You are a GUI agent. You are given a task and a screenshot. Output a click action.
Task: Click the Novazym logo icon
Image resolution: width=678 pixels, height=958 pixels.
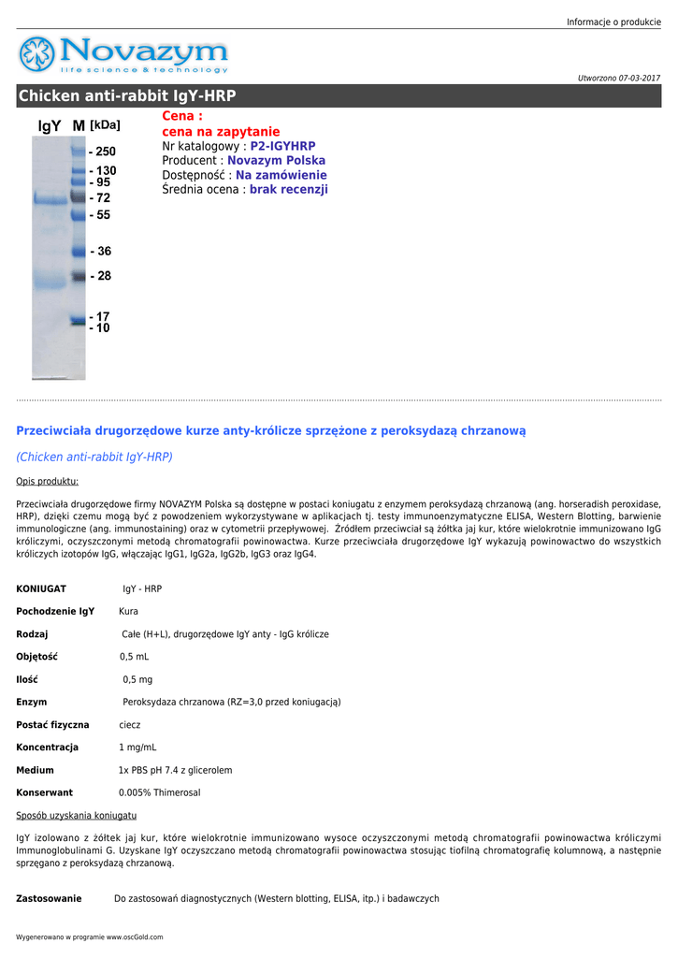[37, 54]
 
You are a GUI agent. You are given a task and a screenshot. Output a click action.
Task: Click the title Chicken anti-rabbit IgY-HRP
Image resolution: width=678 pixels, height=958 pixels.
[127, 96]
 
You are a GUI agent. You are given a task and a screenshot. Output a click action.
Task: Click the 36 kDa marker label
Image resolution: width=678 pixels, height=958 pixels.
[100, 252]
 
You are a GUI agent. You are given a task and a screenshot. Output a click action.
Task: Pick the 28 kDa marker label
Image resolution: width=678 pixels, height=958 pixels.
[100, 276]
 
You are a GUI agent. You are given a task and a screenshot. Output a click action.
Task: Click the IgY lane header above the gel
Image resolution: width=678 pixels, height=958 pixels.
[50, 125]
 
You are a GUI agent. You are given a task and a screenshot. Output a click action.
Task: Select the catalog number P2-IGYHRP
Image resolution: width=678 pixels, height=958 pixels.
[282, 146]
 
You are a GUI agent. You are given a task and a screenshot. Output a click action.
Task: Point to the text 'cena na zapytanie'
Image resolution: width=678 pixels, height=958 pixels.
[221, 132]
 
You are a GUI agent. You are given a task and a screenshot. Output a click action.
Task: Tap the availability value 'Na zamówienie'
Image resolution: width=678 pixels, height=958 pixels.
[281, 175]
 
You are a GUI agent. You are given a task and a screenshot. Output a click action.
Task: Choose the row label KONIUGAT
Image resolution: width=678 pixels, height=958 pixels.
[41, 588]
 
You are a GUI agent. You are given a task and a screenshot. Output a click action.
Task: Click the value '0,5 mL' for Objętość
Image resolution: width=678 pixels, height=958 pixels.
[134, 657]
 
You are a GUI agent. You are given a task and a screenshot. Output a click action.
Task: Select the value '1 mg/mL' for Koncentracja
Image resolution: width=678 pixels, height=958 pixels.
[137, 748]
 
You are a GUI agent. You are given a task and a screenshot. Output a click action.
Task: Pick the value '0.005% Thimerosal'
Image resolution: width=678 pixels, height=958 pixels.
[159, 792]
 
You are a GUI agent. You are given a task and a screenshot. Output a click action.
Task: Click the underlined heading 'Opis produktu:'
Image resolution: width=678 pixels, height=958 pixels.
[47, 481]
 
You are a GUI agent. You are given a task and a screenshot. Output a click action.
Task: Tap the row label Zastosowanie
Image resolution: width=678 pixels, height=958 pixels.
[49, 898]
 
